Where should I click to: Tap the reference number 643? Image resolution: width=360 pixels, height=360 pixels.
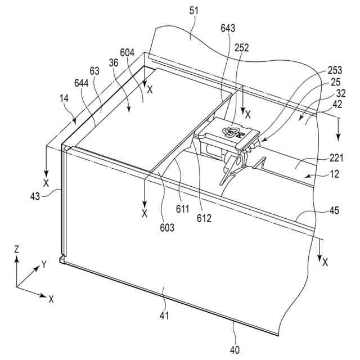(x=228, y=28)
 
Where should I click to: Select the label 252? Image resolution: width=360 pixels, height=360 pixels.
(x=242, y=48)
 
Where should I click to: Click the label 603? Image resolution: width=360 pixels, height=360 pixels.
(x=166, y=227)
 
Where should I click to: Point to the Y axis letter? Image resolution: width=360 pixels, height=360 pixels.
(x=44, y=264)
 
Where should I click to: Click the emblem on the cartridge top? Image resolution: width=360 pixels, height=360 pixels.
(x=232, y=132)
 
